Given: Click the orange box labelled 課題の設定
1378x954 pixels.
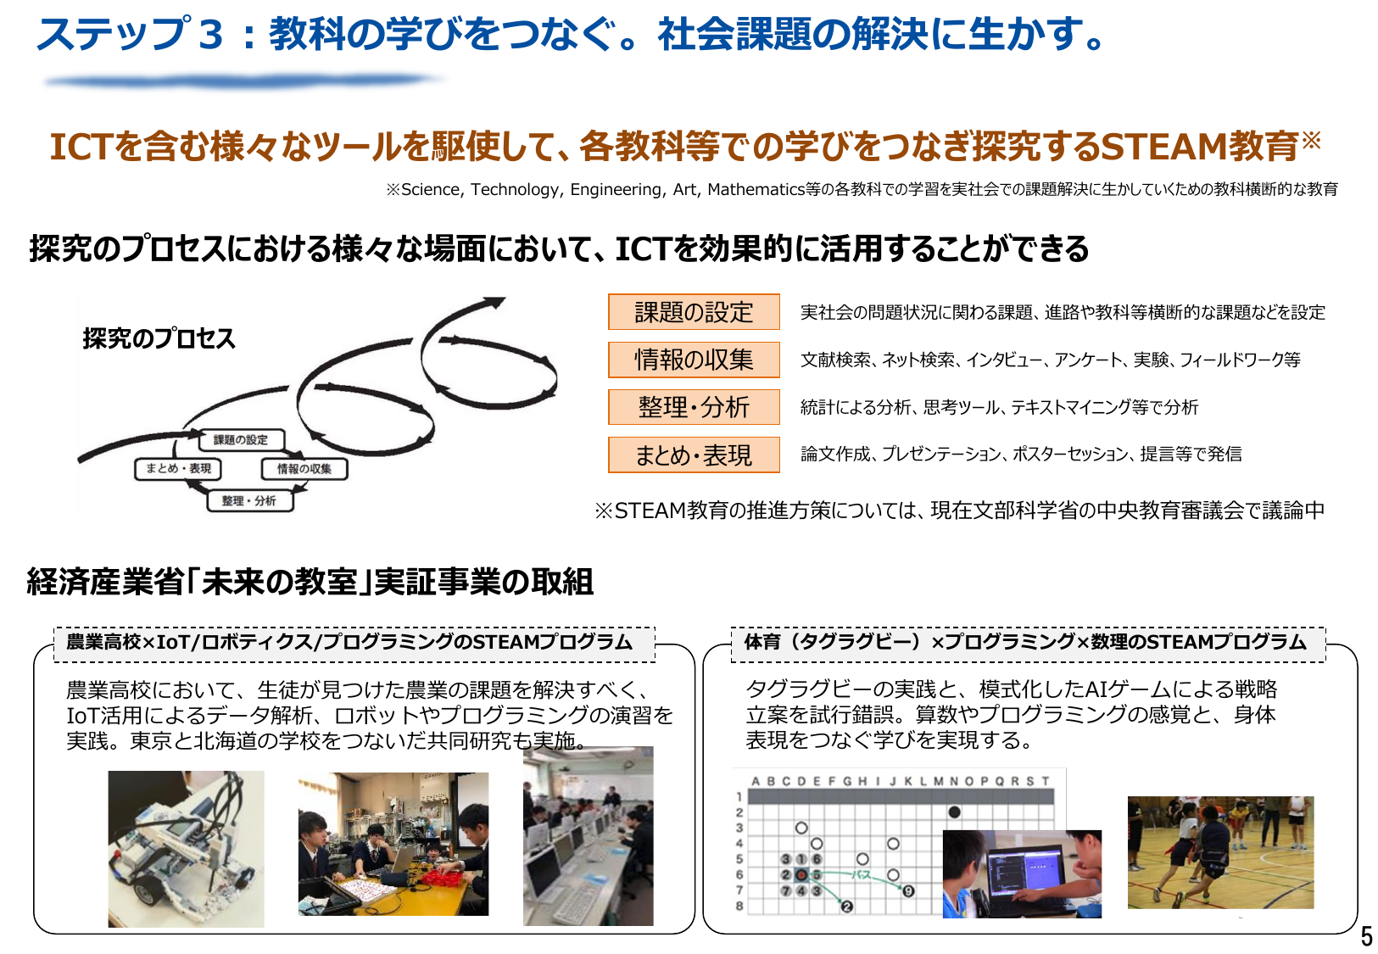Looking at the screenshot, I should [x=694, y=312].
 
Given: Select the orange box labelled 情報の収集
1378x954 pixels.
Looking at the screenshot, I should [x=694, y=360].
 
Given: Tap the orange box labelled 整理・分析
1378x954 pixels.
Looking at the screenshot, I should [x=694, y=407].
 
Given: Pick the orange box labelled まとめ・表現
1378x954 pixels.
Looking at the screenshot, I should [x=694, y=455].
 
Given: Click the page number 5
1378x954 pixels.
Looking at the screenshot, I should [x=1366, y=936].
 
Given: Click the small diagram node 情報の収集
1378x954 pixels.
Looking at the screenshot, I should [x=304, y=469].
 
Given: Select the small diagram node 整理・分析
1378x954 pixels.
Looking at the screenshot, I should [x=249, y=501].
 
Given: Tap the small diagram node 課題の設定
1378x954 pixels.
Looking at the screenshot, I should [x=241, y=440].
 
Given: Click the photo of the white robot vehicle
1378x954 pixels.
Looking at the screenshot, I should [x=186, y=848].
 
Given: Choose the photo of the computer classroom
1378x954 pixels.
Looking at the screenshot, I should [x=588, y=836].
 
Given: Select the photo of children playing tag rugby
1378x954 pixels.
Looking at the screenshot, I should [x=1220, y=852].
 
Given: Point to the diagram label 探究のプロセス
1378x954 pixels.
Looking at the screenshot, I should [x=159, y=338].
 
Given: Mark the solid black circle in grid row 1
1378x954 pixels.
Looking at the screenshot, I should [x=954, y=812].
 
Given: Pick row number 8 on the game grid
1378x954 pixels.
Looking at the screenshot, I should [x=739, y=906].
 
